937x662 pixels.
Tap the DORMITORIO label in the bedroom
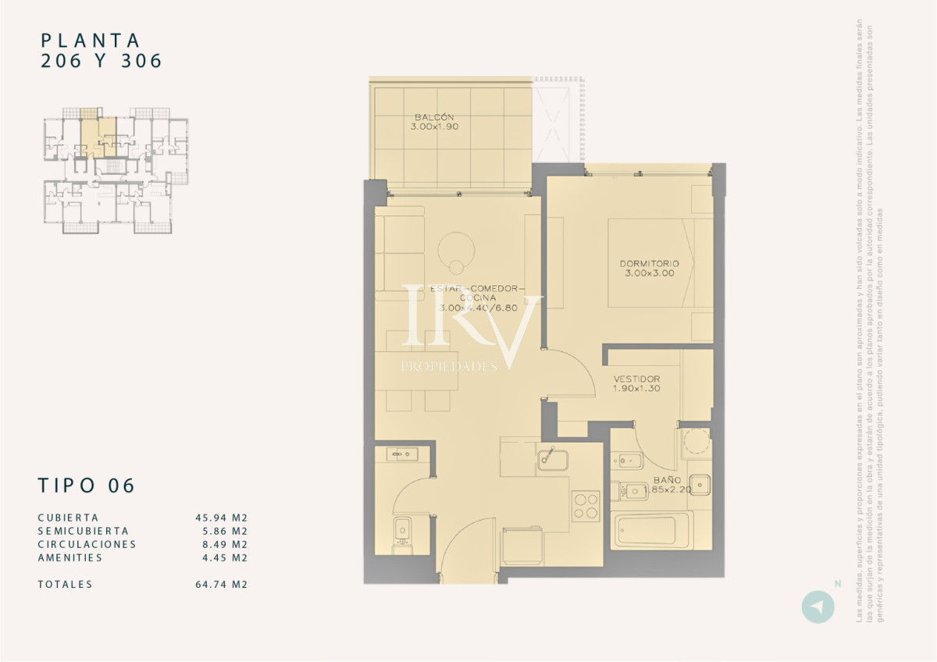click(649, 264)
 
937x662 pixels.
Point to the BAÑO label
click(667, 480)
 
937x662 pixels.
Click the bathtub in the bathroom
click(653, 531)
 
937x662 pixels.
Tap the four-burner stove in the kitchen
click(585, 505)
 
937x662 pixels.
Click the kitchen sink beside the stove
click(554, 458)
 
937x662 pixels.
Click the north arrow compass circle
click(818, 607)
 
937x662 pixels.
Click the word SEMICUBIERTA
click(83, 531)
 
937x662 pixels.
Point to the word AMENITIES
click(69, 557)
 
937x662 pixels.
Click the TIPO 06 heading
click(87, 486)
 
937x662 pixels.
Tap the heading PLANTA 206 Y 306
click(101, 50)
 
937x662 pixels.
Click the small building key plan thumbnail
click(116, 170)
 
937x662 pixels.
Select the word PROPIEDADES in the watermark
click(448, 366)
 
